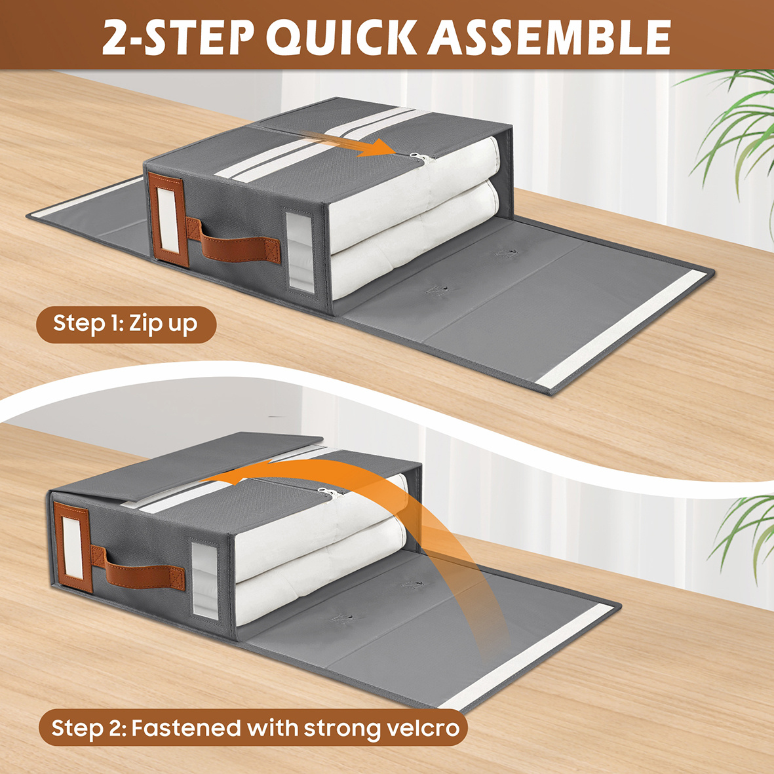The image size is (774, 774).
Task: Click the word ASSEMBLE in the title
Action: [549, 37]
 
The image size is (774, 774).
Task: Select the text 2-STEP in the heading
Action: [178, 37]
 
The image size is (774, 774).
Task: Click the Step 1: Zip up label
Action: [126, 324]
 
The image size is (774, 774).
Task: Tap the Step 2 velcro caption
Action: [253, 727]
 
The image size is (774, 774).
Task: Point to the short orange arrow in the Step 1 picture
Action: [349, 144]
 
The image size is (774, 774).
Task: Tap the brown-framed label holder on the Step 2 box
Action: [73, 546]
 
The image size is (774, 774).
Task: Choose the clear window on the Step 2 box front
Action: [205, 581]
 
